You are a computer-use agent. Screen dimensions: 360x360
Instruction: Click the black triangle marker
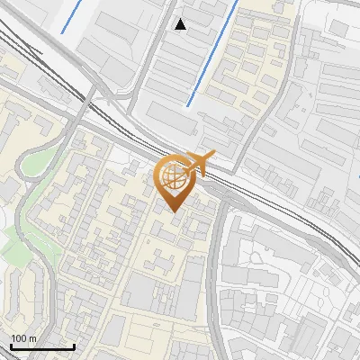(x=181, y=24)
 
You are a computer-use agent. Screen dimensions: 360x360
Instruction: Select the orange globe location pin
(x=175, y=183)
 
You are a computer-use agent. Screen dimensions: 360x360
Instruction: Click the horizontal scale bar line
(x=42, y=346)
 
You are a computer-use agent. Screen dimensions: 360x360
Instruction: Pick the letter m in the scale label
(x=32, y=338)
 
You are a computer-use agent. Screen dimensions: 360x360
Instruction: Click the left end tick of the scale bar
(x=11, y=345)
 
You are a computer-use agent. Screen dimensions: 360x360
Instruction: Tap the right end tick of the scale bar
(x=74, y=345)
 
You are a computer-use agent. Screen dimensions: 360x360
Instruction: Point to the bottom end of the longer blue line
(x=188, y=105)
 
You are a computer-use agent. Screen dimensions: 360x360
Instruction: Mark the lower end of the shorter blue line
(x=62, y=33)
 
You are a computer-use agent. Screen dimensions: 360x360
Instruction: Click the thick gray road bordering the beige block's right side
(x=212, y=270)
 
